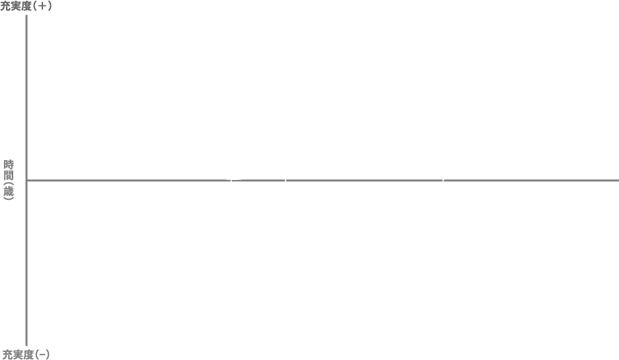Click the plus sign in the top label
coord(42,7)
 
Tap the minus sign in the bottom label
coord(42,355)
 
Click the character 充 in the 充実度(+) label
coord(5,7)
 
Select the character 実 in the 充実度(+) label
coord(15,7)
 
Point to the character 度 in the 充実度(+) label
coord(26,7)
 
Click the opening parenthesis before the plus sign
coord(34,7)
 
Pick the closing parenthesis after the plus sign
coord(50,7)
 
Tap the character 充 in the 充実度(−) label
coord(7,355)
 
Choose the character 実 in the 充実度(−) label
coord(18,355)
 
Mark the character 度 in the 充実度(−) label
coord(28,355)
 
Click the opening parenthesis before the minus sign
coord(36,355)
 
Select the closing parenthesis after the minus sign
coord(48,355)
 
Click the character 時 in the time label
coord(9,164)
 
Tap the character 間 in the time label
coord(9,175)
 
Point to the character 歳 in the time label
coord(9,191)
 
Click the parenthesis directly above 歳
coord(9,183)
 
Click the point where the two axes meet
coord(26,181)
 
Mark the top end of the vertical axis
coord(26,15)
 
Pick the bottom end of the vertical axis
coord(26,345)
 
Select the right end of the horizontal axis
coord(618,181)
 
